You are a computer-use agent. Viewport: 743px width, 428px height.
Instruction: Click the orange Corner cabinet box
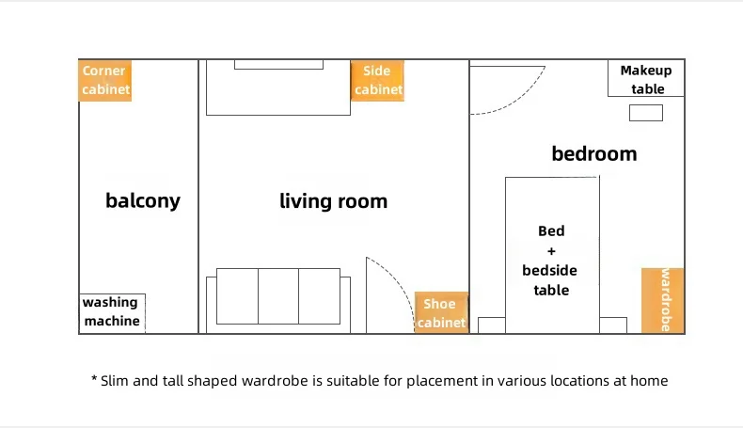pyautogui.click(x=104, y=80)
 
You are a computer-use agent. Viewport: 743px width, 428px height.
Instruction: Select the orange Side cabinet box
pyautogui.click(x=377, y=80)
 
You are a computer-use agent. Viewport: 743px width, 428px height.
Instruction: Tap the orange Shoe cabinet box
pyautogui.click(x=441, y=312)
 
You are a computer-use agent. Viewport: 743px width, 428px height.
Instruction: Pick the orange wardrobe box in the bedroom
pyautogui.click(x=662, y=300)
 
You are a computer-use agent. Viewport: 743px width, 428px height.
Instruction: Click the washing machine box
pyautogui.click(x=112, y=313)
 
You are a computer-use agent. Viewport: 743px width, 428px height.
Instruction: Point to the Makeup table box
pyautogui.click(x=646, y=78)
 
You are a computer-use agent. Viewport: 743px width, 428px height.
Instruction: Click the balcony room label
pyautogui.click(x=143, y=201)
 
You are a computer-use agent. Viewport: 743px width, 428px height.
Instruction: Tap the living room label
pyautogui.click(x=333, y=201)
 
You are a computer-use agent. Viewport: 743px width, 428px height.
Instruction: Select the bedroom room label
pyautogui.click(x=594, y=153)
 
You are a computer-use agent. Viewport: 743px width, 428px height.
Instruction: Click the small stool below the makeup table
pyautogui.click(x=646, y=113)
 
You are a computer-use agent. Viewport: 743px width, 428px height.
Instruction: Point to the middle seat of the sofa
pyautogui.click(x=278, y=296)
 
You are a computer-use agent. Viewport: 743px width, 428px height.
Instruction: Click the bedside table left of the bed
pyautogui.click(x=491, y=325)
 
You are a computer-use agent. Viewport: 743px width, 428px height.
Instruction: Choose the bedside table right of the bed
pyautogui.click(x=613, y=325)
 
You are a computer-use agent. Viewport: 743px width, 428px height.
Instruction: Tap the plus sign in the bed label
pyautogui.click(x=551, y=251)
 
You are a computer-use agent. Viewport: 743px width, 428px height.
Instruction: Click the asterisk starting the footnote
pyautogui.click(x=94, y=378)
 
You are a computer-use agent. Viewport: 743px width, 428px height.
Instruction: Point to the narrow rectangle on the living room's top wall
pyautogui.click(x=278, y=65)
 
